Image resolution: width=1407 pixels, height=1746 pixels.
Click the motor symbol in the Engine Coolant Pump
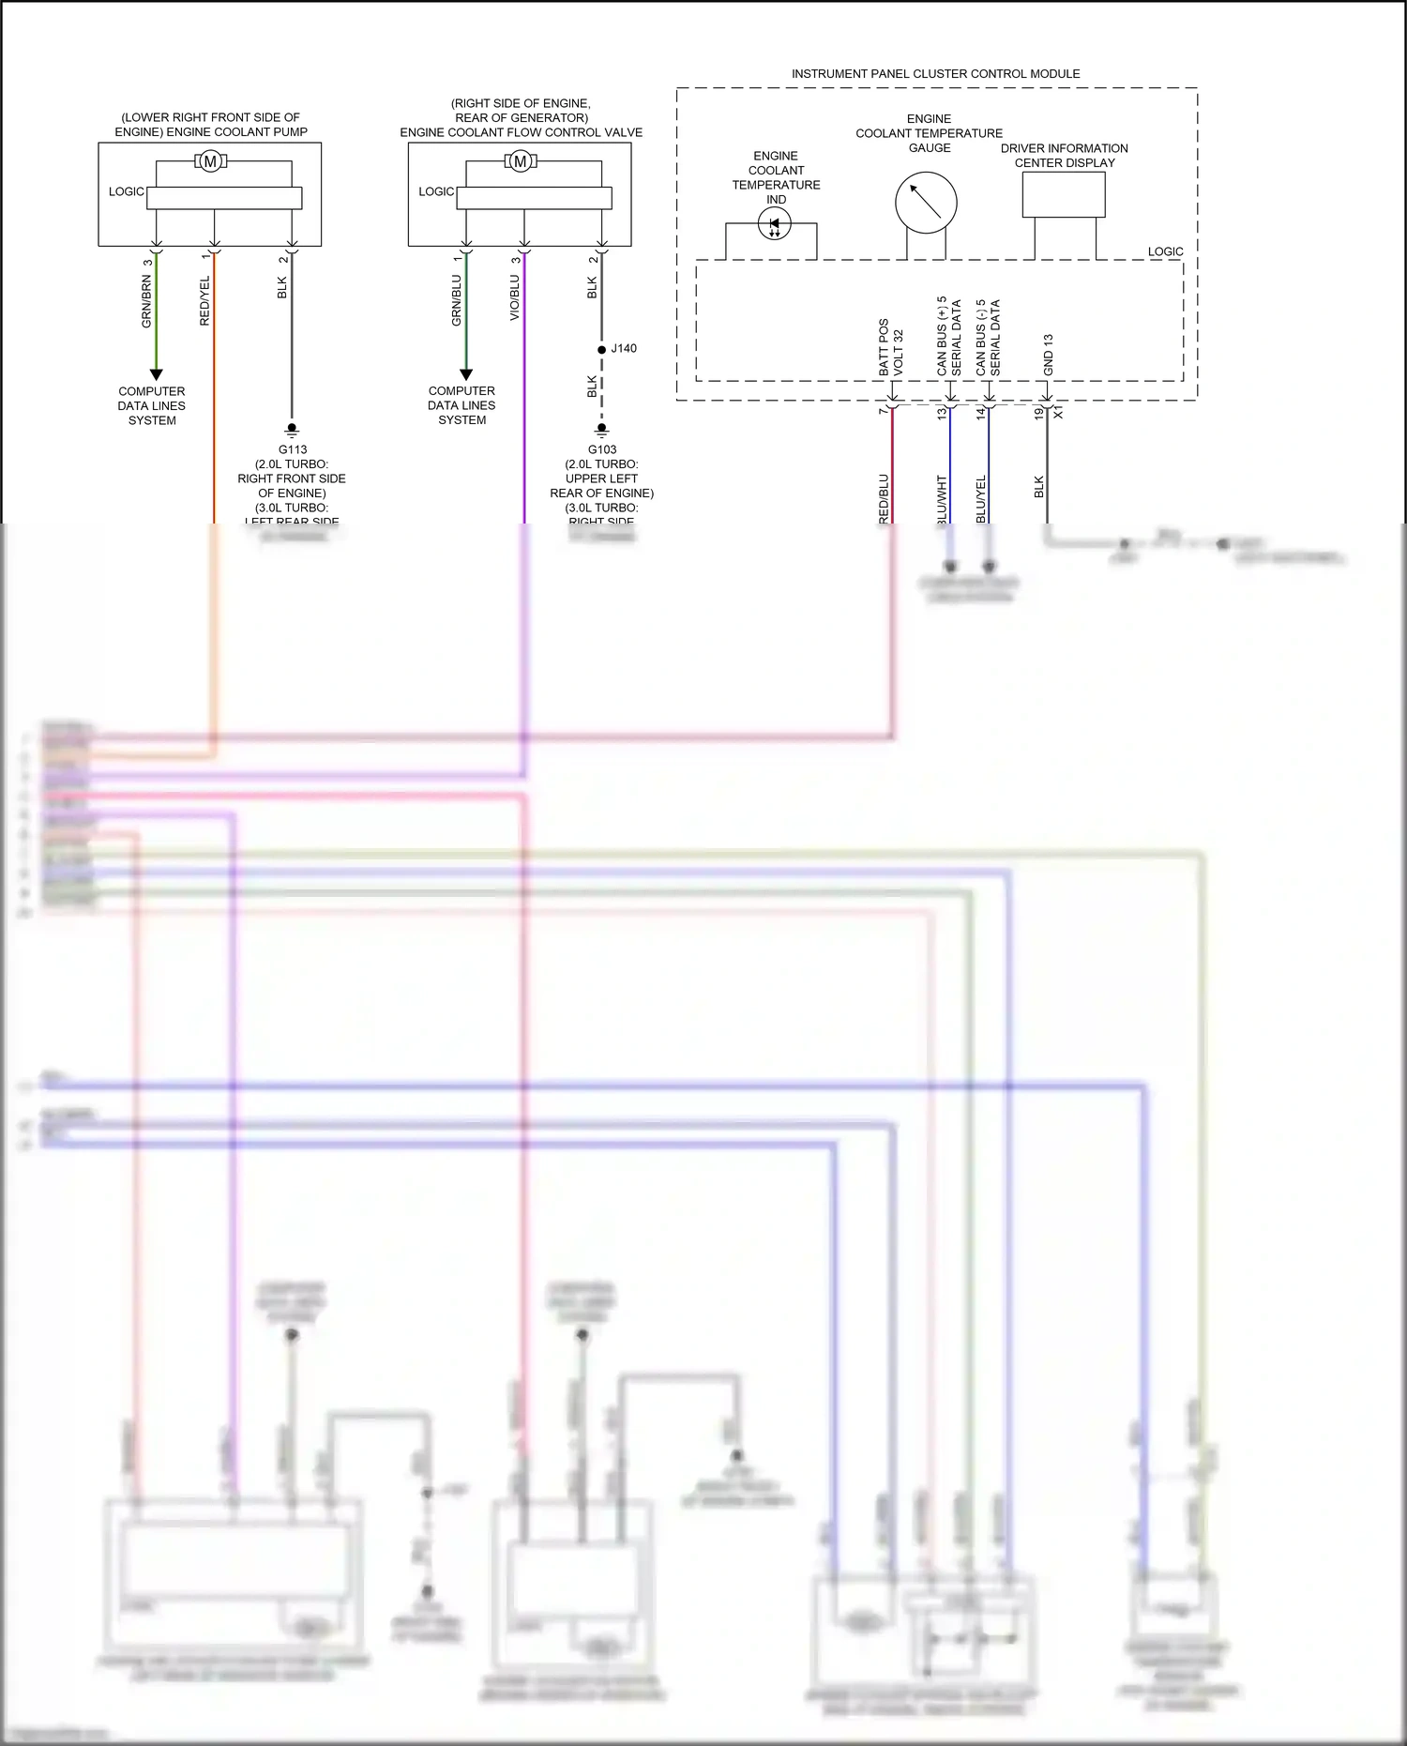pyautogui.click(x=210, y=161)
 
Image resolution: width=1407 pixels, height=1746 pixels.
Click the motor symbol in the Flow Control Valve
pyautogui.click(x=521, y=161)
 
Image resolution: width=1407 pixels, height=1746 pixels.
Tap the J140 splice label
pyautogui.click(x=624, y=348)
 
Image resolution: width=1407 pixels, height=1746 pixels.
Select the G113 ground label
pyautogui.click(x=292, y=449)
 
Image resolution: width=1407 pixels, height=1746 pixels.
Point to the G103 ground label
pyautogui.click(x=602, y=449)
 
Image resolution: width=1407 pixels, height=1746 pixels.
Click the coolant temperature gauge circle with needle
pyautogui.click(x=926, y=202)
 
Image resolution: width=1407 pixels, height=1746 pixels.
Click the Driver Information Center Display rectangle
pyautogui.click(x=1064, y=194)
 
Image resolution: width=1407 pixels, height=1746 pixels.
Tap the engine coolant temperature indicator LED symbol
pyautogui.click(x=774, y=224)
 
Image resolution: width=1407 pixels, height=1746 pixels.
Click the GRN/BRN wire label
pyautogui.click(x=146, y=301)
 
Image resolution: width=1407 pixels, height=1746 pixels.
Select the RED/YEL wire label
pyautogui.click(x=205, y=301)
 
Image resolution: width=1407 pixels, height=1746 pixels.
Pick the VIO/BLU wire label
pyautogui.click(x=515, y=297)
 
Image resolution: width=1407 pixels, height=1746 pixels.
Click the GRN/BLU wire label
pyautogui.click(x=457, y=300)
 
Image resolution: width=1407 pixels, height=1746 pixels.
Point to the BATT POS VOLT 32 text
pyautogui.click(x=890, y=348)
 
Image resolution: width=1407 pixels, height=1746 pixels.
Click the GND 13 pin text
pyautogui.click(x=1048, y=355)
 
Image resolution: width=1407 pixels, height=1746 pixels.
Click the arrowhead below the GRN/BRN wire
pyautogui.click(x=157, y=374)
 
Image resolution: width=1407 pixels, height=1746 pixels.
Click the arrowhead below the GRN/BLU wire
pyautogui.click(x=466, y=374)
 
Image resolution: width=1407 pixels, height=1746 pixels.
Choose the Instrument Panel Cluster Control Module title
pyautogui.click(x=935, y=73)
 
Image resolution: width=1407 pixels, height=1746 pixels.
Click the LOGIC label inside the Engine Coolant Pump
pyautogui.click(x=126, y=191)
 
